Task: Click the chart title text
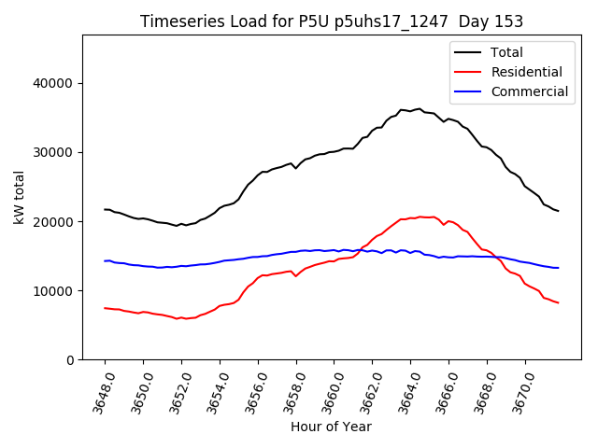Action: click(332, 21)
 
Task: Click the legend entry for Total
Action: click(507, 52)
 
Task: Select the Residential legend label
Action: click(526, 72)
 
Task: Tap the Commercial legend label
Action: click(529, 91)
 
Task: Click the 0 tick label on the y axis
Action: click(69, 360)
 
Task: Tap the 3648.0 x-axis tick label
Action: click(99, 390)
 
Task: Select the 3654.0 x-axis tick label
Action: click(214, 390)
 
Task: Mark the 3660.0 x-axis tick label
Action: click(328, 390)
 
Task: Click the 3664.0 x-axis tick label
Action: click(405, 390)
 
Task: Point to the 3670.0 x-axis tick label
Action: click(520, 390)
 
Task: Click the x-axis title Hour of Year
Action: click(331, 427)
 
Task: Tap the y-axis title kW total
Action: click(20, 197)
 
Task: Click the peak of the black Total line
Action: click(419, 109)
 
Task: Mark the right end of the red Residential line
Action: click(558, 302)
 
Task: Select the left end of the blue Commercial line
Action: click(105, 261)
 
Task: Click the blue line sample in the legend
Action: click(471, 91)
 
